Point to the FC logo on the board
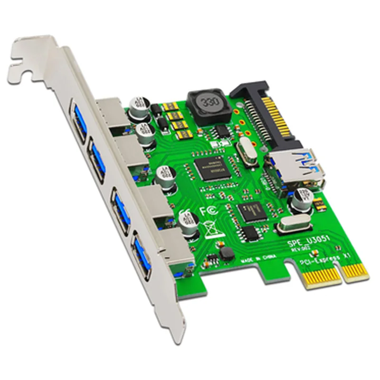tap(208, 209)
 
